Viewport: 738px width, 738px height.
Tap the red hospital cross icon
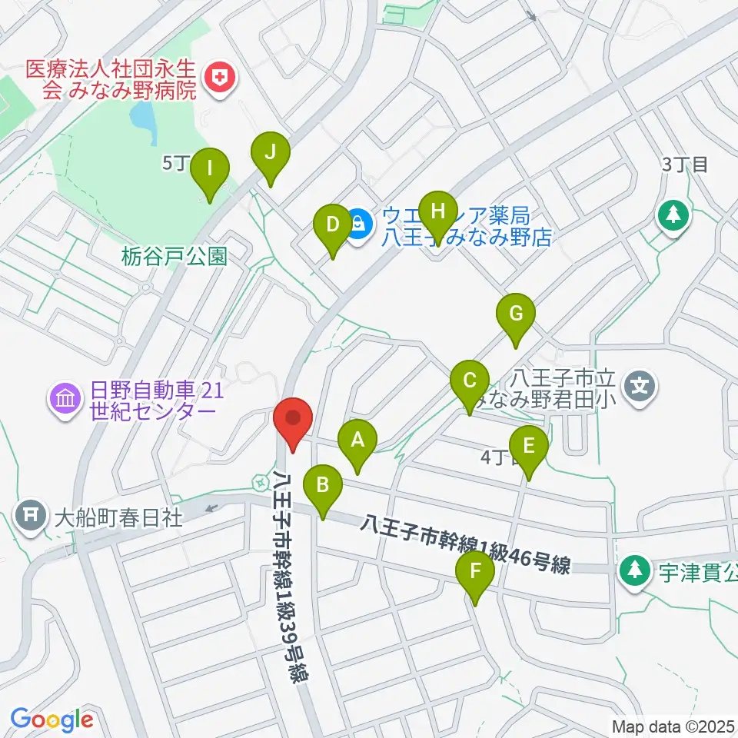(221, 76)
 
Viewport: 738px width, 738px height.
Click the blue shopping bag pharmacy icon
(358, 224)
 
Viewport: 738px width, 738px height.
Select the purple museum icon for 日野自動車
(65, 398)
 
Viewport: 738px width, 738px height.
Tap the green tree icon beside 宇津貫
(634, 570)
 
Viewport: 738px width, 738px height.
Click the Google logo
(52, 720)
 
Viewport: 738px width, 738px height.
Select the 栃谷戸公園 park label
(175, 257)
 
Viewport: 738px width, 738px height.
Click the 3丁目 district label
(684, 164)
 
